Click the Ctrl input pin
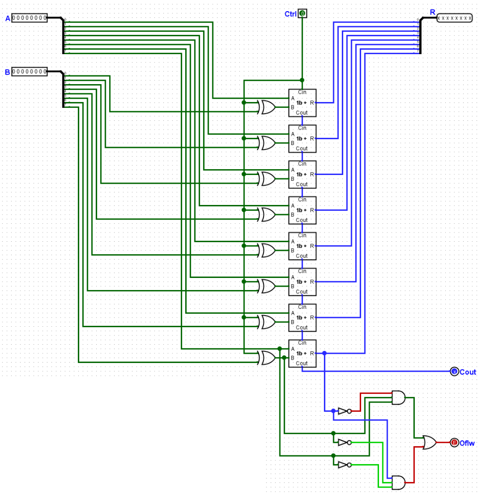(x=302, y=14)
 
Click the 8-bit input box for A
(x=29, y=18)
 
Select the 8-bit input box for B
(x=29, y=72)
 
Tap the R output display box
(x=454, y=18)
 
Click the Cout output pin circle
(x=454, y=372)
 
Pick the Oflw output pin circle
(x=454, y=442)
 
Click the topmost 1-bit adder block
(x=302, y=102)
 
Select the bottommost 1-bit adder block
(x=302, y=353)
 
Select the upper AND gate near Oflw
(x=398, y=397)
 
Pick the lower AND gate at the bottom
(x=398, y=482)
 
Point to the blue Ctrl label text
(x=290, y=14)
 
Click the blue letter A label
(x=7, y=18)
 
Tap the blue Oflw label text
(x=467, y=443)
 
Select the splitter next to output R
(x=420, y=36)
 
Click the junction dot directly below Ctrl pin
(x=302, y=80)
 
